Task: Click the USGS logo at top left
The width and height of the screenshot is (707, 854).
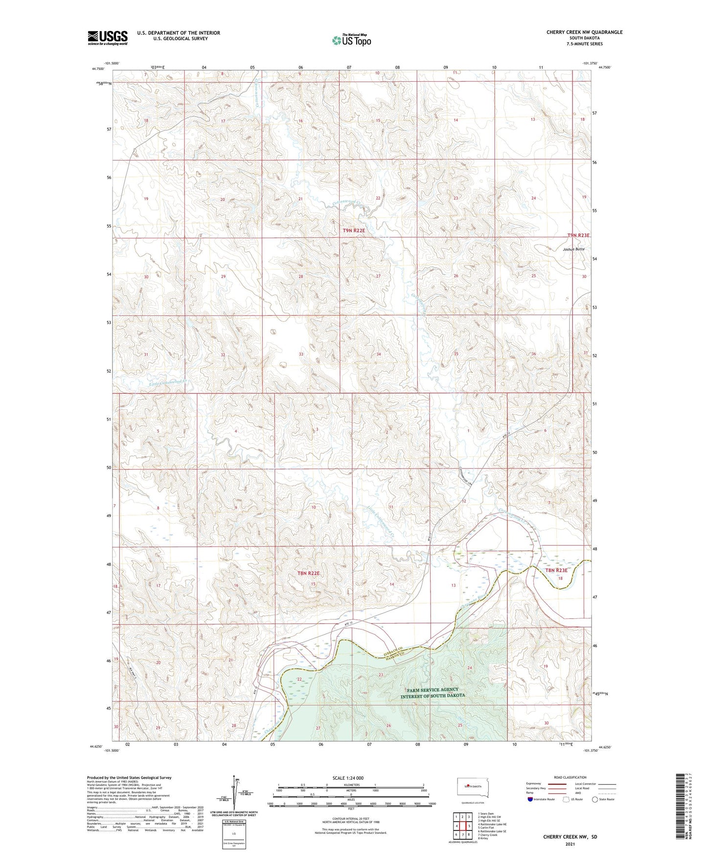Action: coord(108,37)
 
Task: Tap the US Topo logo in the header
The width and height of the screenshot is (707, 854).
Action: coord(351,40)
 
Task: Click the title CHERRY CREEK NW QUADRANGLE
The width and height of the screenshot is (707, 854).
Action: coord(584,32)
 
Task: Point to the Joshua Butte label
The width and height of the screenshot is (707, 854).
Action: coord(573,249)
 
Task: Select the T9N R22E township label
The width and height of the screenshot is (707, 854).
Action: coord(354,230)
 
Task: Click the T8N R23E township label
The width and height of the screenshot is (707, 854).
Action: coord(556,570)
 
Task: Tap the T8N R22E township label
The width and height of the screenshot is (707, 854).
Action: coord(308,573)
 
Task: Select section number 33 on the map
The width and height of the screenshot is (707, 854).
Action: coord(301,354)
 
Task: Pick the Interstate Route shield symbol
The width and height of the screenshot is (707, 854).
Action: coord(530,799)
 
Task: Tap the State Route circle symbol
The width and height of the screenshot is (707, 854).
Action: coord(595,799)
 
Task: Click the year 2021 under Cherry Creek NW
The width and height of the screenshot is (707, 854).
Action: coord(570,844)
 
